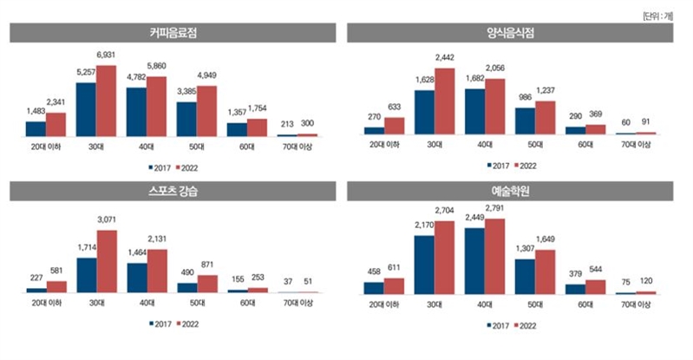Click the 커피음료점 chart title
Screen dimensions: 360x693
[173, 33]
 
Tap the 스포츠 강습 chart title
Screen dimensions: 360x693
[173, 191]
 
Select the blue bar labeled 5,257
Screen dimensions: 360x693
[86, 108]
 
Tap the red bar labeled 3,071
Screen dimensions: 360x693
[106, 261]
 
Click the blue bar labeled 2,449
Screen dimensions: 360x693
[475, 261]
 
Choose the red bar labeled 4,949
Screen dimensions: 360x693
[206, 110]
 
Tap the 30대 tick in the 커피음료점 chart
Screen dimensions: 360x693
[96, 147]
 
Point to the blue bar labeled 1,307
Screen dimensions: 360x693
[526, 277]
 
